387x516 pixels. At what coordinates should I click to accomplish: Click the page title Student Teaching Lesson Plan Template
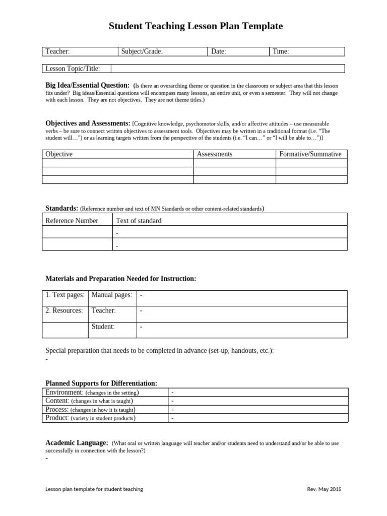click(x=196, y=26)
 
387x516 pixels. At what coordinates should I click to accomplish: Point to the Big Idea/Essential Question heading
click(x=88, y=85)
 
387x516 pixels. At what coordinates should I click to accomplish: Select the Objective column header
click(x=59, y=154)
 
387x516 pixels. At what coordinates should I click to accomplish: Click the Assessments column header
click(x=215, y=154)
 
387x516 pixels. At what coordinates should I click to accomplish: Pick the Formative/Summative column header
click(x=310, y=154)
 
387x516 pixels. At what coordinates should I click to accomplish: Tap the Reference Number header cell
click(x=72, y=221)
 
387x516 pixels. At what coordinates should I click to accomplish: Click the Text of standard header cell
click(x=139, y=221)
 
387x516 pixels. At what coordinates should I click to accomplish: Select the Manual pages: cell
click(x=112, y=295)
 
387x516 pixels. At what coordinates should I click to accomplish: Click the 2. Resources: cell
click(x=64, y=311)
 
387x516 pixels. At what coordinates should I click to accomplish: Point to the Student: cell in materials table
click(x=103, y=327)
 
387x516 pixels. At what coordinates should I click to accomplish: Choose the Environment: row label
click(x=64, y=393)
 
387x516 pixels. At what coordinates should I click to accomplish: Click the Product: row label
click(x=57, y=418)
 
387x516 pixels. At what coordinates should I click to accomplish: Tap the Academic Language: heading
click(x=77, y=443)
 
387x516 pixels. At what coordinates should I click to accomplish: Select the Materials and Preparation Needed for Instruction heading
click(x=121, y=279)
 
